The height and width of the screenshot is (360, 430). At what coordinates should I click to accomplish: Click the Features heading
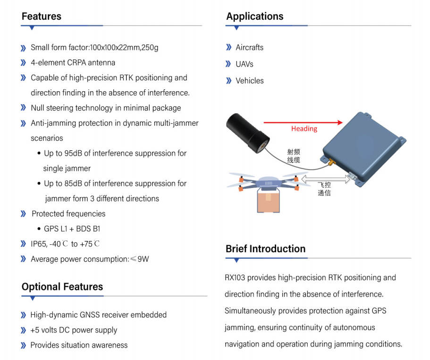(42, 17)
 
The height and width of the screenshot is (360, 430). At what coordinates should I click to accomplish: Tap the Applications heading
(255, 17)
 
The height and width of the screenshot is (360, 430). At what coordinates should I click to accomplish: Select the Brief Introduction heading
(265, 249)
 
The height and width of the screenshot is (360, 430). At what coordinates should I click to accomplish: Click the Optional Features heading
(62, 287)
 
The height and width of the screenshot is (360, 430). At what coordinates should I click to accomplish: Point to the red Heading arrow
(303, 122)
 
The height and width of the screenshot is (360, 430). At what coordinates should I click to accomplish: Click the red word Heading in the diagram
(304, 129)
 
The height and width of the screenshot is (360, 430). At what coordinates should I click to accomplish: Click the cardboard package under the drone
(268, 202)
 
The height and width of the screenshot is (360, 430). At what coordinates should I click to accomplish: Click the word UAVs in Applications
(245, 64)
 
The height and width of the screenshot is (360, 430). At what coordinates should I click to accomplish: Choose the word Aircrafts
(250, 48)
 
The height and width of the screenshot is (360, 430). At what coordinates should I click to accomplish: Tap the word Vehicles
(250, 81)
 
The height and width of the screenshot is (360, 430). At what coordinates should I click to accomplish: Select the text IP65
(39, 244)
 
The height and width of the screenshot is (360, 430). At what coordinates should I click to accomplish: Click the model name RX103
(235, 278)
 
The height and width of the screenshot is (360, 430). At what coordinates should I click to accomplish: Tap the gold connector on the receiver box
(332, 163)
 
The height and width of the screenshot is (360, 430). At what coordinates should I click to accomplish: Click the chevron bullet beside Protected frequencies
(23, 214)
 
